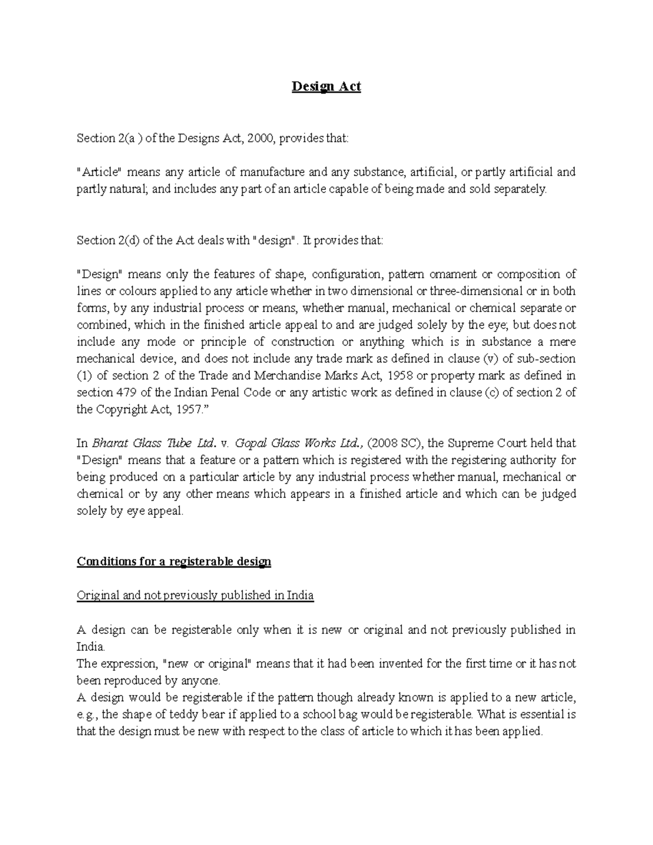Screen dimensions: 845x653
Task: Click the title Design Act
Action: [x=326, y=87]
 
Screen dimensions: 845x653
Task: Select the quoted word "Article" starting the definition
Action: [x=100, y=172]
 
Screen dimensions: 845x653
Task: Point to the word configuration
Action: [x=346, y=274]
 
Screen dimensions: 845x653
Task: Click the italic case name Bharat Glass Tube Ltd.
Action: [x=156, y=443]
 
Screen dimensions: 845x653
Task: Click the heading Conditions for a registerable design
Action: [x=174, y=562]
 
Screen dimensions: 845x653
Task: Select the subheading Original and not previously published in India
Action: [x=195, y=595]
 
